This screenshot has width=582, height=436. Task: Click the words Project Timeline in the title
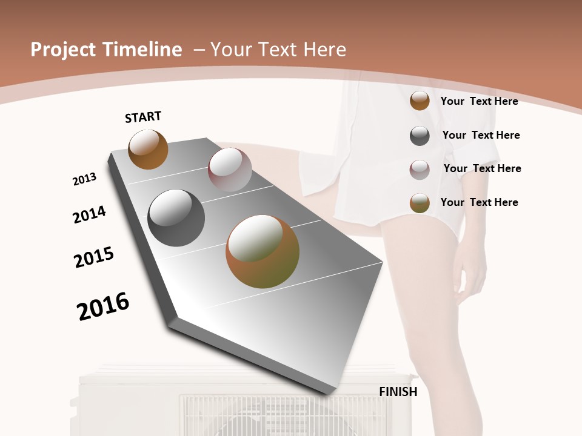[x=106, y=50]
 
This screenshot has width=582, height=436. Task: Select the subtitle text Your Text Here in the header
[x=278, y=50]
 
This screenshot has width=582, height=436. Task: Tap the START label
[x=143, y=117]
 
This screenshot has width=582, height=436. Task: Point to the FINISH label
[x=398, y=392]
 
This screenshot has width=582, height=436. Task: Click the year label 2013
[x=85, y=179]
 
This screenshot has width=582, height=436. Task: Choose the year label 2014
[x=90, y=214]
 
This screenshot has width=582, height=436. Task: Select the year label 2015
[x=94, y=257]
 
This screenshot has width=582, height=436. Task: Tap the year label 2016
[x=103, y=306]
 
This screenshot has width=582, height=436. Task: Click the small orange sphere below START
[x=148, y=150]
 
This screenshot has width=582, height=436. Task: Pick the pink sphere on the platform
[x=230, y=170]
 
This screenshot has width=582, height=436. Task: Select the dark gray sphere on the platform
[x=176, y=218]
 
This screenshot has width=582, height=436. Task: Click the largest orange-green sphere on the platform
[x=263, y=251]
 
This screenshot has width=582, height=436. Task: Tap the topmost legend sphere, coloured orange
[x=420, y=101]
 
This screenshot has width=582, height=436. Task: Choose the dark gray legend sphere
[x=420, y=136]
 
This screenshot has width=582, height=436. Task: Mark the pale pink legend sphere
[x=420, y=170]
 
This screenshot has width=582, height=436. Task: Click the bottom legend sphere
[x=420, y=203]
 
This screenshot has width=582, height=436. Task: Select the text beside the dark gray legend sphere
[x=481, y=135]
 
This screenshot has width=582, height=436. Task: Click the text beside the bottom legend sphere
[x=480, y=202]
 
